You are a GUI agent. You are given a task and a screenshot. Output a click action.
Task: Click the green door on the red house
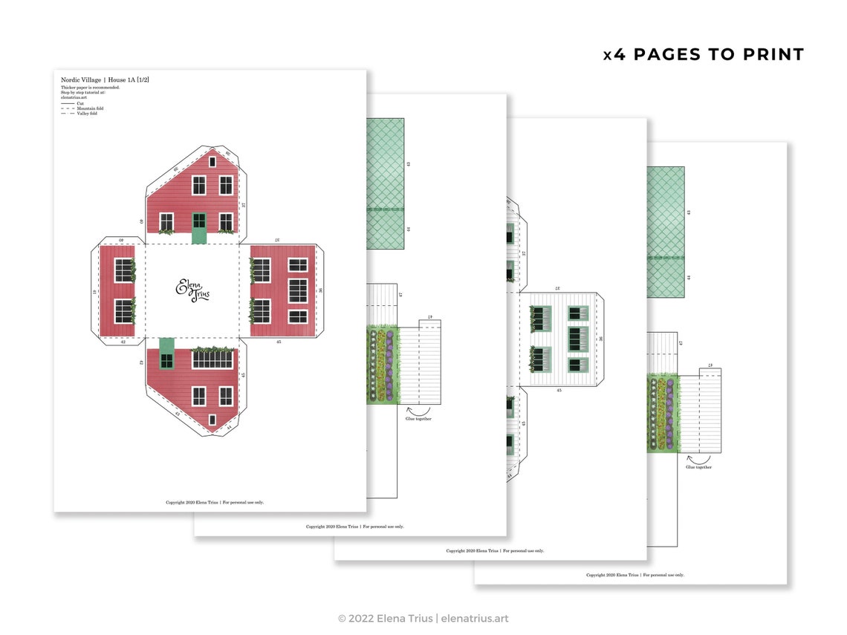coord(199,228)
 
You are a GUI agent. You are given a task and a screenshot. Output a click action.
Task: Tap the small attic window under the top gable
coord(212,160)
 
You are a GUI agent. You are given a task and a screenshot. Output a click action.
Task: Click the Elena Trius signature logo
coord(192,290)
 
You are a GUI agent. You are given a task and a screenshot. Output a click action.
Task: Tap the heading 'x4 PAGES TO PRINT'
coord(703,54)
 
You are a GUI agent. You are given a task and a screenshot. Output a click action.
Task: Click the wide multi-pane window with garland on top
coord(212,359)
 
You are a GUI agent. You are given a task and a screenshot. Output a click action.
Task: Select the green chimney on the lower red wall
coord(166,353)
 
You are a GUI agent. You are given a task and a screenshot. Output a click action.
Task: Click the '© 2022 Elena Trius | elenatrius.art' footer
coord(423,618)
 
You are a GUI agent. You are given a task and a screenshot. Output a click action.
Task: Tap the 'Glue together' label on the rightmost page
coord(698,467)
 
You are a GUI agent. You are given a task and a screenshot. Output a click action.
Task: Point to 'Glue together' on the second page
coord(418,419)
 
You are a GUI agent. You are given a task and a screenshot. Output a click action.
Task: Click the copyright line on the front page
coord(215,502)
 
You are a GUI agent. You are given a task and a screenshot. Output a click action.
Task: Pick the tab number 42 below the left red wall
coord(123,342)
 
